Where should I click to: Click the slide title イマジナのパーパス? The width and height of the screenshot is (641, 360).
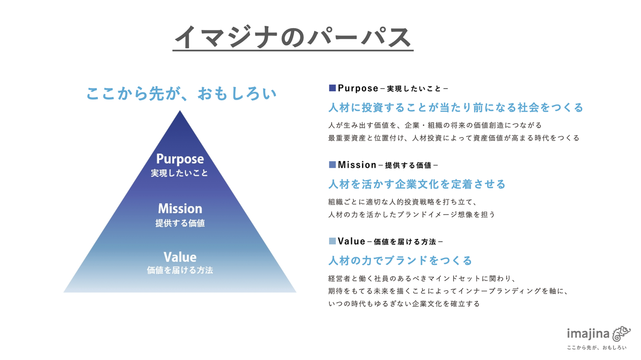tap(292, 37)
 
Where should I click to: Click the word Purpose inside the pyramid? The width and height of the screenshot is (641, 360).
tap(180, 159)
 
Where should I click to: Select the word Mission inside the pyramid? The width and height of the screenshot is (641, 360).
tap(180, 208)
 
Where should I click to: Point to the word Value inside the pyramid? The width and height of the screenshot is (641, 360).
tap(180, 257)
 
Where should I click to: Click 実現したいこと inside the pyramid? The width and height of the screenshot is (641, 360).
tap(179, 173)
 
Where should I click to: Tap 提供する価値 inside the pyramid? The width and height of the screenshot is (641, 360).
tap(180, 223)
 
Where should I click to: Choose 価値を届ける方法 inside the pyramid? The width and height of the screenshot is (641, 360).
tap(180, 270)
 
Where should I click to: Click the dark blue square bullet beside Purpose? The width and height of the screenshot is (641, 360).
tap(332, 88)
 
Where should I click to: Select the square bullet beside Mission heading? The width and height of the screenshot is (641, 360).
tap(332, 165)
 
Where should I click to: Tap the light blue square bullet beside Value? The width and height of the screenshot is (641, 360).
tap(332, 241)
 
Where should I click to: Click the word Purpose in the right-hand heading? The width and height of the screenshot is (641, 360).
tap(358, 88)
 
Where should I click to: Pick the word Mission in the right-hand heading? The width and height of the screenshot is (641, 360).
tap(357, 165)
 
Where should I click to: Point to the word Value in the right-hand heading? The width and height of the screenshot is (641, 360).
tap(352, 241)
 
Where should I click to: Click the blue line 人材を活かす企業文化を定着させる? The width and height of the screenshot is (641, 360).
tap(417, 184)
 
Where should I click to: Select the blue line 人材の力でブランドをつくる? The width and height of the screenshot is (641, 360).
tap(400, 260)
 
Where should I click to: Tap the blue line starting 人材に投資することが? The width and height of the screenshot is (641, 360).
tap(455, 108)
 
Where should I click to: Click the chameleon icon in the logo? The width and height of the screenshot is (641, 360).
tap(622, 333)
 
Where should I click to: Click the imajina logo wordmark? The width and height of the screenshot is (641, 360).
tap(588, 334)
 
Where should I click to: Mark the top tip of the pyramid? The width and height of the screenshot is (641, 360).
tap(180, 111)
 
